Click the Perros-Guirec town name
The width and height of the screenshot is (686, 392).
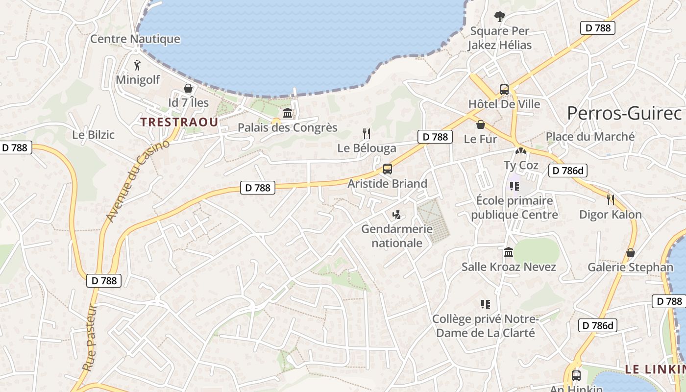pyautogui.click(x=624, y=113)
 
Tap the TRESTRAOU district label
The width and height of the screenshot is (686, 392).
pyautogui.click(x=179, y=122)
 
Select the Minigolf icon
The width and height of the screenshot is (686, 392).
pyautogui.click(x=137, y=65)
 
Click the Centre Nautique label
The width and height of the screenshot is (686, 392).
pyautogui.click(x=135, y=39)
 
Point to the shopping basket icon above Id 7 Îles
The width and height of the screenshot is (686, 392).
pyautogui.click(x=188, y=88)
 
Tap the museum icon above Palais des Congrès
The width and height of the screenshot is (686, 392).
pyautogui.click(x=288, y=113)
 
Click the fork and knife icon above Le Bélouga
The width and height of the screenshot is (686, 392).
pyautogui.click(x=366, y=133)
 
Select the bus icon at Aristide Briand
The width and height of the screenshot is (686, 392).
pyautogui.click(x=388, y=169)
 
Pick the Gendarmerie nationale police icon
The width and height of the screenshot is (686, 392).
pyautogui.click(x=397, y=214)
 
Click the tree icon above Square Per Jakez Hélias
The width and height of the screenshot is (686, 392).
pyautogui.click(x=499, y=17)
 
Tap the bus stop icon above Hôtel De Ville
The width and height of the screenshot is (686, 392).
pyautogui.click(x=504, y=90)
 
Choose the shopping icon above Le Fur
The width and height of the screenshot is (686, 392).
pyautogui.click(x=481, y=124)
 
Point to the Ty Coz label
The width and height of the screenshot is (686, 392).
pyautogui.click(x=521, y=165)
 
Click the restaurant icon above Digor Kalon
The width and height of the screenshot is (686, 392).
pyautogui.click(x=611, y=199)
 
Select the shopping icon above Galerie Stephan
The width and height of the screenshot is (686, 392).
pyautogui.click(x=631, y=253)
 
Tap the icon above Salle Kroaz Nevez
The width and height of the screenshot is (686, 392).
pyautogui.click(x=509, y=252)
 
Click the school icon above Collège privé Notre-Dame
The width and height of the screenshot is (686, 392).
pyautogui.click(x=486, y=304)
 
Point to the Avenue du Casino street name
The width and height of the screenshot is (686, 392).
pyautogui.click(x=138, y=181)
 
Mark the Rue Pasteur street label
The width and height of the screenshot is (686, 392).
pyautogui.click(x=90, y=338)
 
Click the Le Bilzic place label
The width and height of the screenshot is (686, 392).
pyautogui.click(x=93, y=135)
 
